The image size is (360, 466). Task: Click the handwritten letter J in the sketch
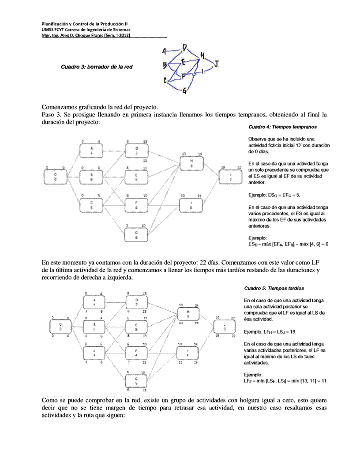tap(216, 64)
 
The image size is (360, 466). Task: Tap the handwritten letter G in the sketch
tap(184, 92)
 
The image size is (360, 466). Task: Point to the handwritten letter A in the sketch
tap(164, 51)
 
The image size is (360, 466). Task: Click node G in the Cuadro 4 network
tap(136, 235)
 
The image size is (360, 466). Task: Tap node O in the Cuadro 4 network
tap(55, 177)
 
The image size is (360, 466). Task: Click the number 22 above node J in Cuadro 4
tap(240, 168)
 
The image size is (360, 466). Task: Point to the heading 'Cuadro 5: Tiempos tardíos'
tap(274, 288)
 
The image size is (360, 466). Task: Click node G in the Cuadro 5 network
tap(136, 380)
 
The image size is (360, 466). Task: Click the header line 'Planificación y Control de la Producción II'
tap(85, 23)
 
